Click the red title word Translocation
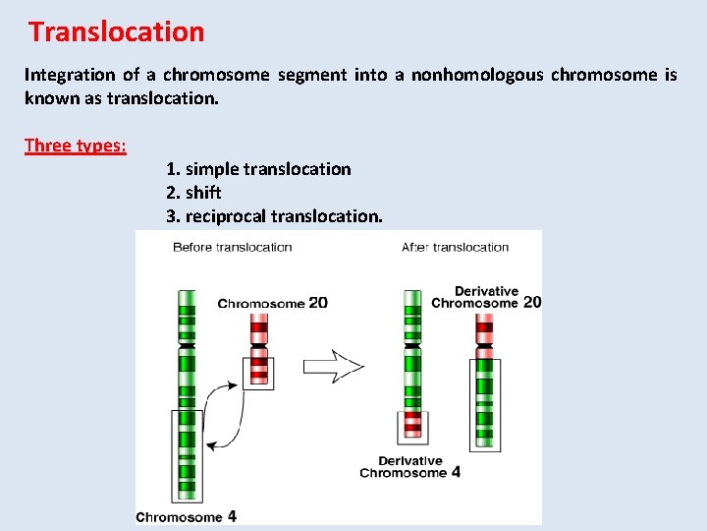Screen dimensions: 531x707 (x=117, y=31)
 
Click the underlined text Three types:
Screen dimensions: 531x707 (x=76, y=146)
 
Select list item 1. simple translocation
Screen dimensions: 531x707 (x=258, y=169)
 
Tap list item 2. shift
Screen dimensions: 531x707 (x=193, y=193)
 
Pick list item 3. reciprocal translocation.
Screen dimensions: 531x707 (x=274, y=216)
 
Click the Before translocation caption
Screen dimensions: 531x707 (x=232, y=247)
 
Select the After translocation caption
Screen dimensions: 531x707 (x=455, y=247)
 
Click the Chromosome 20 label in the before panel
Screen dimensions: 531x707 (x=272, y=303)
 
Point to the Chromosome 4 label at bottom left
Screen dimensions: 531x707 (x=186, y=516)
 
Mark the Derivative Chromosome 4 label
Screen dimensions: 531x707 (x=410, y=466)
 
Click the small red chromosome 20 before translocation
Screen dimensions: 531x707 (x=259, y=344)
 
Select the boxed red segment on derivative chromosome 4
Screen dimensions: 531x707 (x=413, y=425)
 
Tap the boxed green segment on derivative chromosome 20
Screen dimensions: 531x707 (x=484, y=400)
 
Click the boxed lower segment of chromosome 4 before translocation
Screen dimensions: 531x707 (x=187, y=454)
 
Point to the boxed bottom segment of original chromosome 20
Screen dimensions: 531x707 (x=259, y=373)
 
